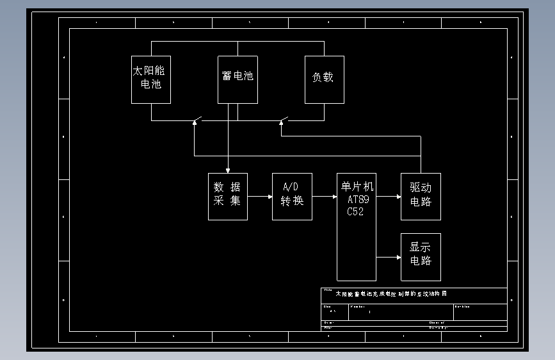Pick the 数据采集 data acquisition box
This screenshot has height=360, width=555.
pos(227,196)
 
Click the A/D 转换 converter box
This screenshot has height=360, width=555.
pos(292,196)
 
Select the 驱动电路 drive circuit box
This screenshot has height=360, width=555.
pos(421,196)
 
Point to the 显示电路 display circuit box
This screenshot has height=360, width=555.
pos(421,257)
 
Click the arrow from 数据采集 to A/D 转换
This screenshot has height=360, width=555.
pos(260,197)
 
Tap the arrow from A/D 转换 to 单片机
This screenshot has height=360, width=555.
pos(325,197)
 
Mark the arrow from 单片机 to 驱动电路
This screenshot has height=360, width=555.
pos(389,197)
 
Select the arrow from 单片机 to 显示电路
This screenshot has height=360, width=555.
pos(389,258)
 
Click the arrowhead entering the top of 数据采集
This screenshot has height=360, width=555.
pos(228,170)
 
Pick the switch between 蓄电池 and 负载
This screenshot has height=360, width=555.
pos(284,120)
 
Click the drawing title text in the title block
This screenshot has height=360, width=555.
pos(391,294)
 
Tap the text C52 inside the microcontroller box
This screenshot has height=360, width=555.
pos(355,212)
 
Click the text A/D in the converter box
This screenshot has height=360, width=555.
pos(291,187)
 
